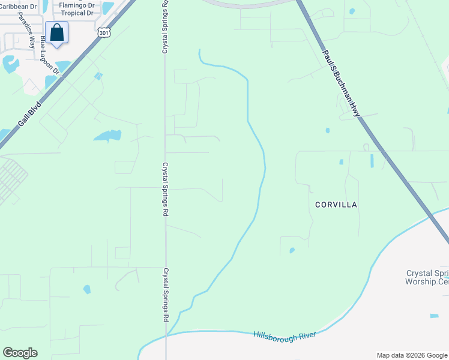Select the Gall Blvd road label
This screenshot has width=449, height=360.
click(29, 114)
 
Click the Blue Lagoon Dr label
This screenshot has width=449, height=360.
click(50, 55)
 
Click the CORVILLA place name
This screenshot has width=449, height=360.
click(336, 205)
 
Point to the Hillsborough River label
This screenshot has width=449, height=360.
click(285, 335)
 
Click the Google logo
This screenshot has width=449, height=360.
click(20, 353)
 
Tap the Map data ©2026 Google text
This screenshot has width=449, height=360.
click(411, 355)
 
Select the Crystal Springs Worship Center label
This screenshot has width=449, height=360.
click(427, 277)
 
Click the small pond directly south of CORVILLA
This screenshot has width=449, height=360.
click(292, 250)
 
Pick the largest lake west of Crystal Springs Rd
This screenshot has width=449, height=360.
click(107, 136)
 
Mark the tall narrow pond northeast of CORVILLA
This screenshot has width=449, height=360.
click(372, 161)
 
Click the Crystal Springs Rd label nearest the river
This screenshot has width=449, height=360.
click(164, 295)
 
